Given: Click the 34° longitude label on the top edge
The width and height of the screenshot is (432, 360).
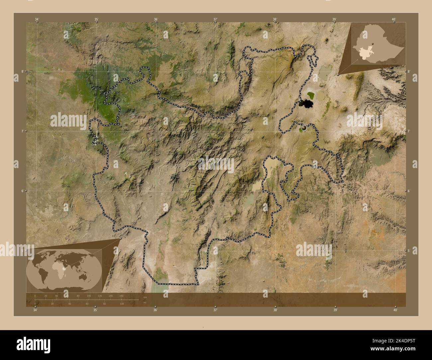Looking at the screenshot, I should click(x=37, y=20).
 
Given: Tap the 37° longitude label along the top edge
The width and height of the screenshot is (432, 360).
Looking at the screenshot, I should click(x=215, y=20).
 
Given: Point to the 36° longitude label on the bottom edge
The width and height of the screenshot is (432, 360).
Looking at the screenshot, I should click(x=155, y=310).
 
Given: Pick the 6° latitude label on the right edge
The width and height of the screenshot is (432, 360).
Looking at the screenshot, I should click(x=408, y=191).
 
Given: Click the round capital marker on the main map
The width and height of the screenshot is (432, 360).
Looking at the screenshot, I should click(x=303, y=128).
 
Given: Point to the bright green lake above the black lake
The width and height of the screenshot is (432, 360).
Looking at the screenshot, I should click(x=311, y=96).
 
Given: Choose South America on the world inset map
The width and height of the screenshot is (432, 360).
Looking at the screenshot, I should click(x=44, y=274).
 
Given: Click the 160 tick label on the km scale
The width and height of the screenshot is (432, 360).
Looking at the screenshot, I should click(x=121, y=296).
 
